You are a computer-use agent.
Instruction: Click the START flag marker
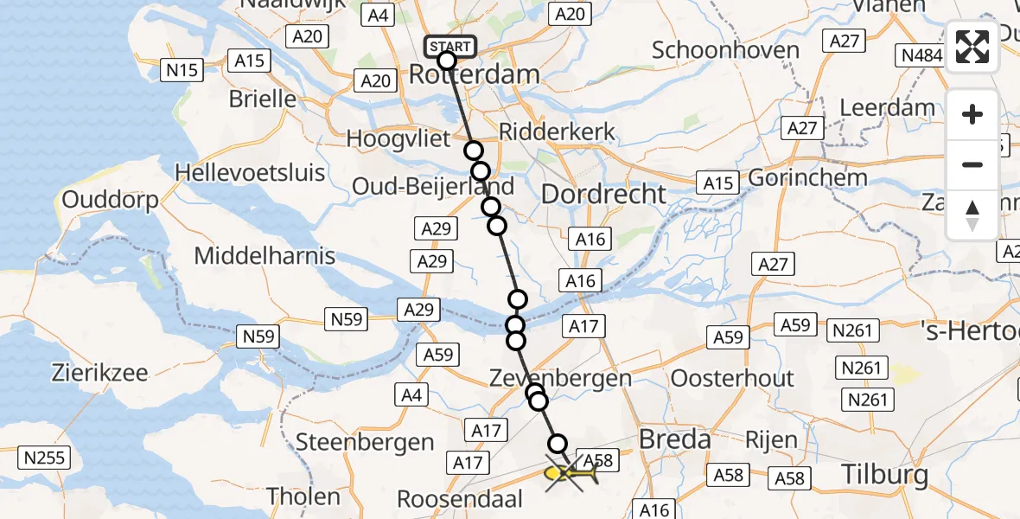pyautogui.click(x=449, y=47)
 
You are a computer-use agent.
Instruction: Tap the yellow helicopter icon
pyautogui.click(x=571, y=473)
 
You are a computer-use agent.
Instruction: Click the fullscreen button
pyautogui.click(x=972, y=47)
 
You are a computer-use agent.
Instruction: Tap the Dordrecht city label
pyautogui.click(x=603, y=194)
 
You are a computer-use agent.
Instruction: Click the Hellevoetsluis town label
pyautogui.click(x=250, y=172)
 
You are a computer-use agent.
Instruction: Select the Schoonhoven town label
pyautogui.click(x=725, y=49)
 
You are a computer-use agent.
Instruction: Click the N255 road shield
pyautogui.click(x=44, y=458)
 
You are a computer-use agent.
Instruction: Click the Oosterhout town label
pyautogui.click(x=732, y=378)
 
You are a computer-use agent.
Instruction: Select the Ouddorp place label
pyautogui.click(x=110, y=201)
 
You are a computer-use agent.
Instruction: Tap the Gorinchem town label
pyautogui.click(x=808, y=177)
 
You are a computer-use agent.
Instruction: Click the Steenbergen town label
pyautogui.click(x=365, y=442)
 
